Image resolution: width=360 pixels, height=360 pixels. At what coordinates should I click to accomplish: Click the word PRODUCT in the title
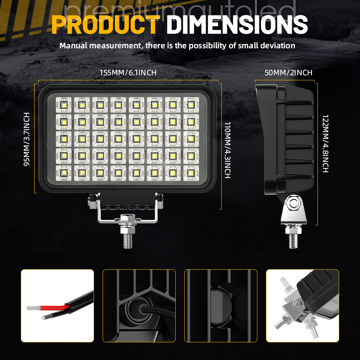(x=106, y=24)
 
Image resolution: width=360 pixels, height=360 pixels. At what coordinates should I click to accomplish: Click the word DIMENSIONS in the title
(x=237, y=24)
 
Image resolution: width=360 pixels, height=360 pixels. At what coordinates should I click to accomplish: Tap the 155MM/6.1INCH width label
(x=128, y=73)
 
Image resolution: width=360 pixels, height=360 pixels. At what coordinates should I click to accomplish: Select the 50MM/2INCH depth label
(x=288, y=73)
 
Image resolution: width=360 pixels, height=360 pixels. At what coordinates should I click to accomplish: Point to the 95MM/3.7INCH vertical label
(x=27, y=139)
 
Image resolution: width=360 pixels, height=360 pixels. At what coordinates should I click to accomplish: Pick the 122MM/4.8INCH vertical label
(x=325, y=144)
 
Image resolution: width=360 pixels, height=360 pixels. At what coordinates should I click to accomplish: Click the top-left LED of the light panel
(x=64, y=105)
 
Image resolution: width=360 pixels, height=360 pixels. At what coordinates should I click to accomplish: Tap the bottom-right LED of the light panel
(x=191, y=173)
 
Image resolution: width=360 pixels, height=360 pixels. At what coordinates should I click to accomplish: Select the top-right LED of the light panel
(x=191, y=105)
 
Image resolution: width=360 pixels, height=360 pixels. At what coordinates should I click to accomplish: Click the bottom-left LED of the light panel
(x=64, y=173)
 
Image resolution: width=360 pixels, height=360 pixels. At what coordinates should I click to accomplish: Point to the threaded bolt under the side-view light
(x=293, y=241)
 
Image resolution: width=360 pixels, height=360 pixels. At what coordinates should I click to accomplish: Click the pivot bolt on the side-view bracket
(x=294, y=203)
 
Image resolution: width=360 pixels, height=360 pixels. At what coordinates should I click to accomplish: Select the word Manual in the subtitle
(x=73, y=45)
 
